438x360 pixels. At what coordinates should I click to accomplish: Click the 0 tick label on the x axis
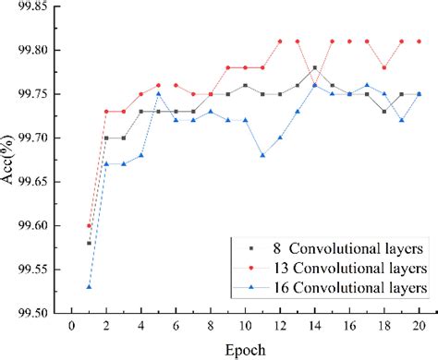(71, 326)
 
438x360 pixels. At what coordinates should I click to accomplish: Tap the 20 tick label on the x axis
(418, 326)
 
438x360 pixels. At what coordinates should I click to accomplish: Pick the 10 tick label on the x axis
(245, 326)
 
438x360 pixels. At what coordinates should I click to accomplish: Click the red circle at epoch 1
(89, 225)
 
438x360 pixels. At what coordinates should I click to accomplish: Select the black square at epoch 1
(89, 243)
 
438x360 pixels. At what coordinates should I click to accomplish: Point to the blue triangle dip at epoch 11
(262, 155)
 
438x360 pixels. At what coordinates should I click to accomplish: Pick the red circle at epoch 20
(418, 42)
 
